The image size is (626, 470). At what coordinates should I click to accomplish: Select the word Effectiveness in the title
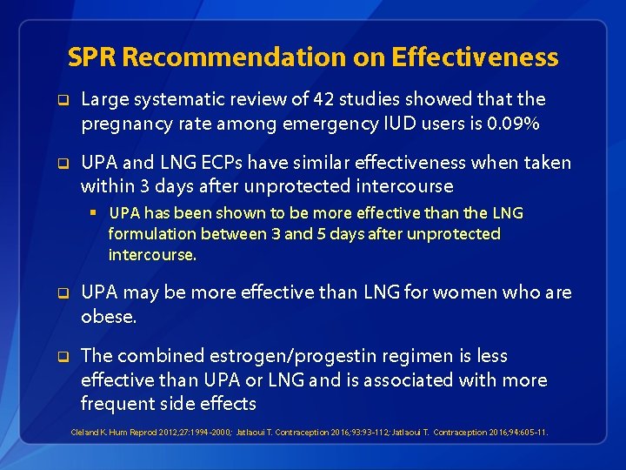pos(475,57)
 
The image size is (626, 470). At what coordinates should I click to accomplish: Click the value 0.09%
pos(515,124)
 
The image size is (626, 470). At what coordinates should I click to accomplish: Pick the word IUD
pos(395,124)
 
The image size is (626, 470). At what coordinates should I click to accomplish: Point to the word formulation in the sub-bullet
pos(150,234)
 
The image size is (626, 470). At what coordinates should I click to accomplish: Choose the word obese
pos(109,317)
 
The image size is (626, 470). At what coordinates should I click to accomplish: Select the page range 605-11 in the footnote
pos(533,432)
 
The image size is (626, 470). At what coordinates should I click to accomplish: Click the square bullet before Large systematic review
pos(63,100)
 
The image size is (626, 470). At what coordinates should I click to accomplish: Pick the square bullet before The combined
pos(63,356)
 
